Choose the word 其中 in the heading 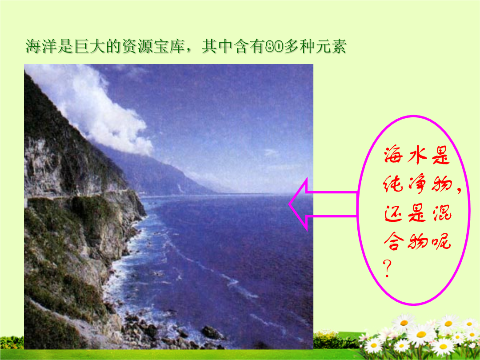pos(217,47)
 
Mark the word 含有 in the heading pos(249,47)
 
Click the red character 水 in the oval pos(417,155)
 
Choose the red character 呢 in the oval pos(441,241)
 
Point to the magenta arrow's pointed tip pos(289,204)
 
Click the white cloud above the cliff pos(92,107)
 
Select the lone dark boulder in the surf pos(211,332)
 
